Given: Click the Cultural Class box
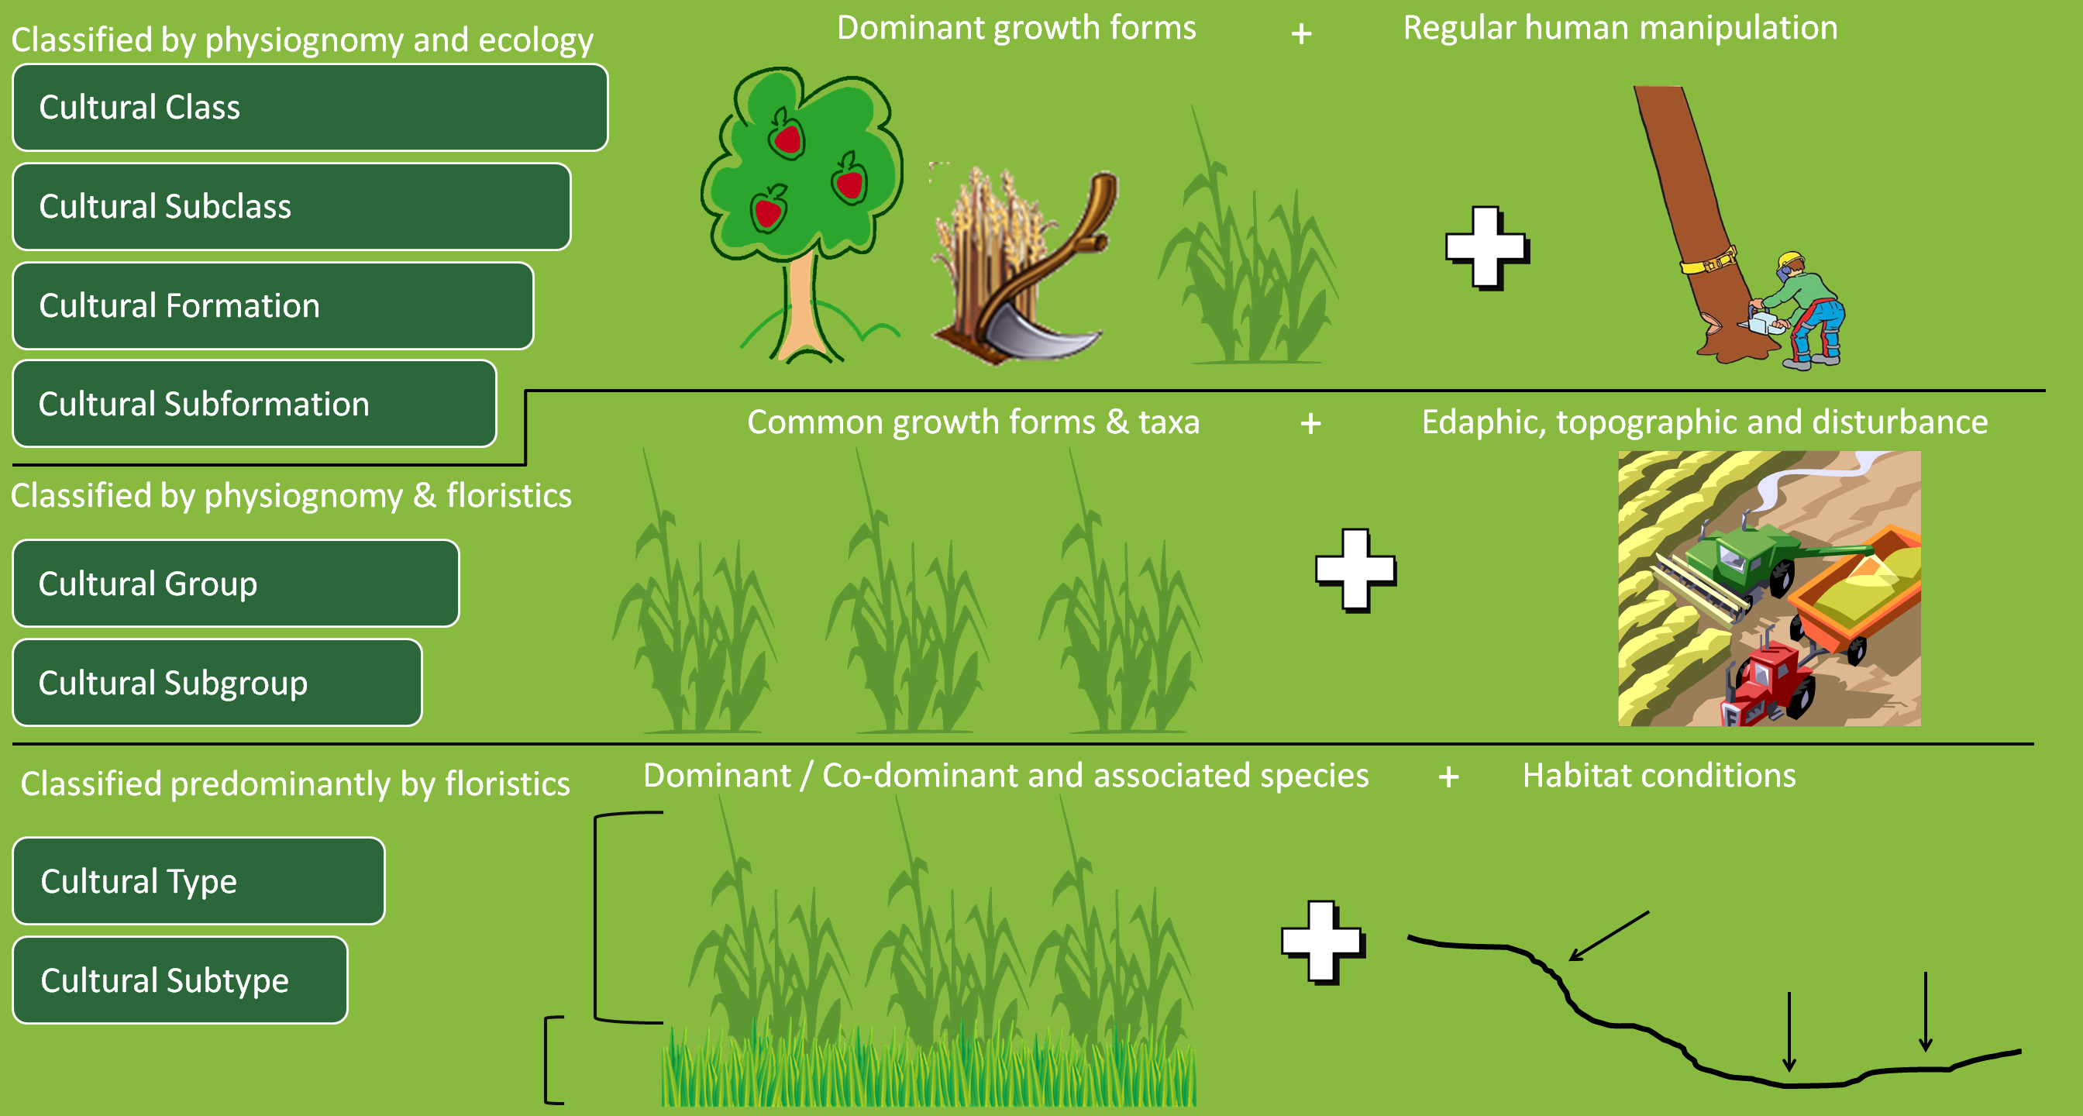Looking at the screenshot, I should tap(310, 108).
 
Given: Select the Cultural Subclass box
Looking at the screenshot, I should tap(291, 207).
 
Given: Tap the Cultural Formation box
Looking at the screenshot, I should tap(273, 305).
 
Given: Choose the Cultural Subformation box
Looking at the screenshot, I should tap(254, 405).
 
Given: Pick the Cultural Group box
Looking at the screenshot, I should tap(236, 584).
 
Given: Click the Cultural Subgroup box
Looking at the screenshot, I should tap(217, 684).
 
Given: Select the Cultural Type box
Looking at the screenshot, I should tap(198, 881).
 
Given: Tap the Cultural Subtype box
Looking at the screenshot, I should tap(180, 981).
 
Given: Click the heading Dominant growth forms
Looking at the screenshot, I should tap(1016, 29).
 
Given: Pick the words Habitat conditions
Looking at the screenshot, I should tap(1658, 777).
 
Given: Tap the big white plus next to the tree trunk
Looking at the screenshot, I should tap(1486, 247).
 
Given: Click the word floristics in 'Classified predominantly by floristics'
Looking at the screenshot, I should tap(507, 784).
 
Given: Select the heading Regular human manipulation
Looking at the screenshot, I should tap(1620, 29).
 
